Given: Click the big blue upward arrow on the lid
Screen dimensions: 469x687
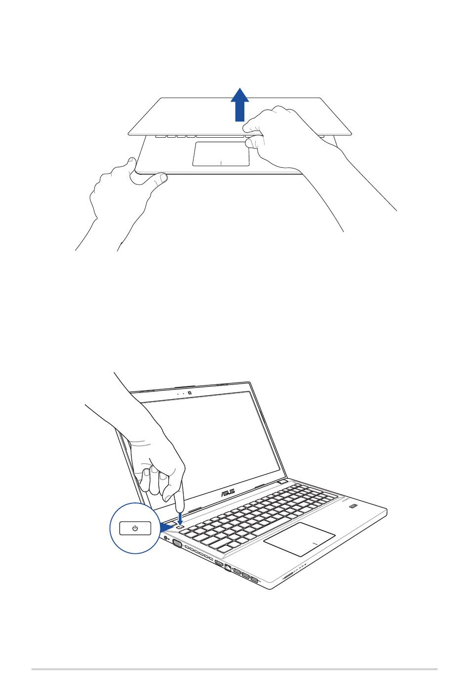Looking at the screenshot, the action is pos(240,105).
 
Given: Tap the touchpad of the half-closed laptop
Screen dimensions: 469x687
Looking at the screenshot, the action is pos(221,154).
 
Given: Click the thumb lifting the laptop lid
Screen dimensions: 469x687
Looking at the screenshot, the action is pos(252,142).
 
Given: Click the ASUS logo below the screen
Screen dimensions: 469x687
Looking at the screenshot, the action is pos(228,492).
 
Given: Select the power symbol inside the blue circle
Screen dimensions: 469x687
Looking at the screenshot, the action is pos(135,528).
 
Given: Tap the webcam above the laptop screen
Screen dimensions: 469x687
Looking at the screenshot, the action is pos(190,392).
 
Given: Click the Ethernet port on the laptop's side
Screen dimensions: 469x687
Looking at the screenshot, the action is pos(228,567).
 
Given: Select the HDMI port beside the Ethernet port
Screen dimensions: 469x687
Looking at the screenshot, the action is pos(219,563).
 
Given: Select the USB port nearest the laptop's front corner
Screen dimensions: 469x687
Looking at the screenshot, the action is pos(255,579).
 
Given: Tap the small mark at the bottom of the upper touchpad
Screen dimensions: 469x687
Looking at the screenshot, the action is pos(221,162).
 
